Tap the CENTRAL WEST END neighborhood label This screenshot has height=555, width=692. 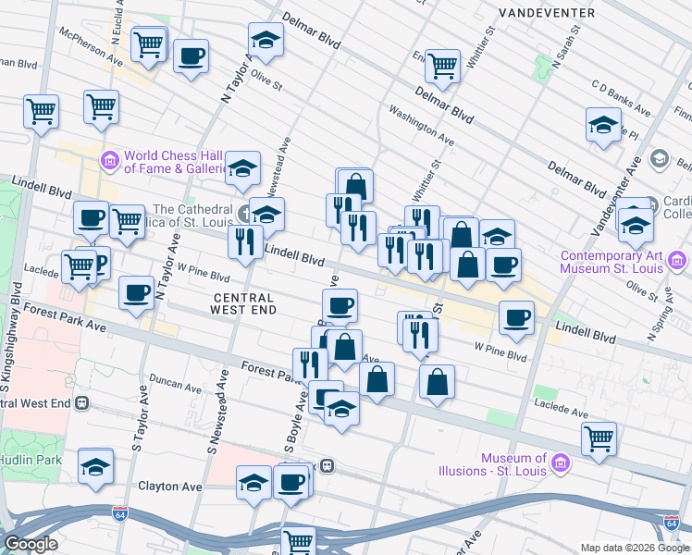click(243, 303)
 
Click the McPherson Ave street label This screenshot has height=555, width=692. click(91, 43)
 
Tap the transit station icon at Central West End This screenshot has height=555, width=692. click(82, 403)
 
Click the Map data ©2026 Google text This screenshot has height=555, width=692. click(633, 548)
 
